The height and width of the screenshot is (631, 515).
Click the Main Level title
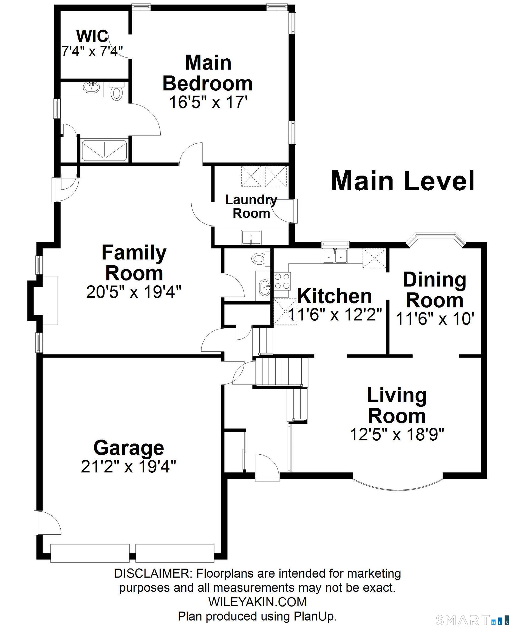403,181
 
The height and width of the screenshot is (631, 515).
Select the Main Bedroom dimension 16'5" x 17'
208,102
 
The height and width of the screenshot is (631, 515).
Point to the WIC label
92,36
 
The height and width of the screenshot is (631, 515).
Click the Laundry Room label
251,206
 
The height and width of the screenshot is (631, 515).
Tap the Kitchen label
335,296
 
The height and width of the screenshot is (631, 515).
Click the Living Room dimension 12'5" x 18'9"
397,435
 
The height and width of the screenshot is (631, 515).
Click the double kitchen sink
335,256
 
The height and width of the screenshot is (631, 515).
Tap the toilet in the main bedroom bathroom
117,91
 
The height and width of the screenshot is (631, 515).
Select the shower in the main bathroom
104,150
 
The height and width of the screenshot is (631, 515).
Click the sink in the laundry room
251,238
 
